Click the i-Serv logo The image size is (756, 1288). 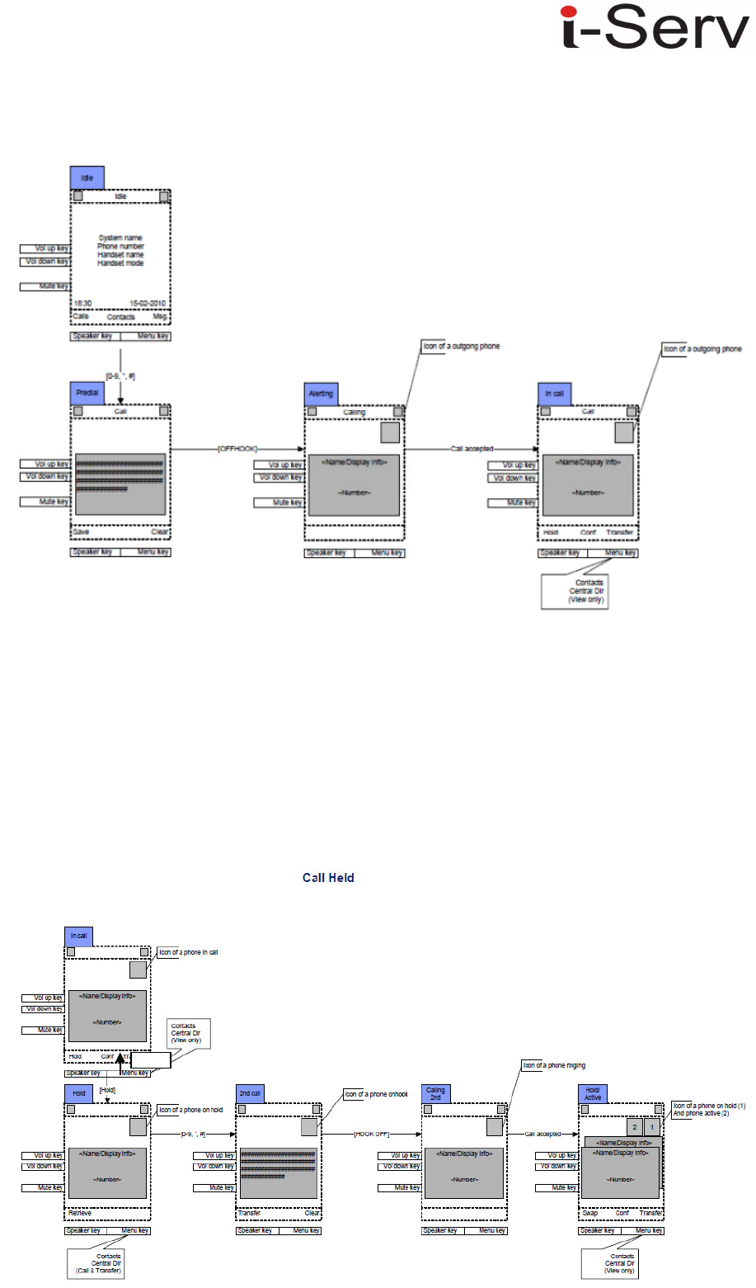coord(655,29)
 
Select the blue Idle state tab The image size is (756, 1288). coord(87,178)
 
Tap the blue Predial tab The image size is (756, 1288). coord(87,394)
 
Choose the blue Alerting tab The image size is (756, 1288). coord(321,394)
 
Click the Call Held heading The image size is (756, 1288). coord(328,878)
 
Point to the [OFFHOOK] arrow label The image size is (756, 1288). coord(237,449)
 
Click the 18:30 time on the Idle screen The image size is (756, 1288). coord(82,304)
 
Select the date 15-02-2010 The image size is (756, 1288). coord(148,304)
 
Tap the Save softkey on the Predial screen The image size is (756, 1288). coord(81,532)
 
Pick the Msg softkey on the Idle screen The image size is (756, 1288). coord(160,317)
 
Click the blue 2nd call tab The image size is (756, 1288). coord(250,1094)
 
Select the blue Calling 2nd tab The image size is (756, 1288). coord(435,1094)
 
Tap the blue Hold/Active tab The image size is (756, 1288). coord(593,1094)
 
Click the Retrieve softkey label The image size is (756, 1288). coord(80,1214)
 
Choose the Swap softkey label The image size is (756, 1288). coord(590,1214)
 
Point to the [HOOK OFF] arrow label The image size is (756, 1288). coord(372,1135)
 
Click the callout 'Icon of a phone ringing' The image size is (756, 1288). coord(554,1065)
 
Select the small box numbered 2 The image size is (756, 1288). coord(634,1127)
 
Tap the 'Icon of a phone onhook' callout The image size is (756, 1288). coord(376,1094)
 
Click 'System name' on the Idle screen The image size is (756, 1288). coord(120,238)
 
